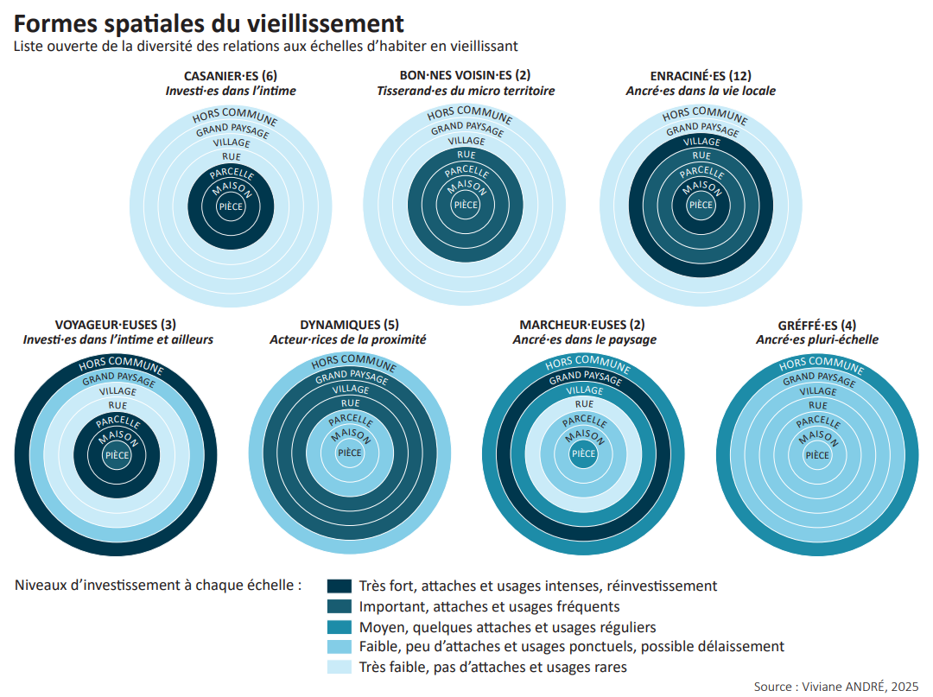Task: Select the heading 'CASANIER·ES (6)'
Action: [x=231, y=75]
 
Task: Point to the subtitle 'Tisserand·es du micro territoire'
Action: [x=466, y=90]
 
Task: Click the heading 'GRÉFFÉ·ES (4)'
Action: [x=816, y=325]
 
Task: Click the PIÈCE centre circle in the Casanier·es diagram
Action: [x=231, y=206]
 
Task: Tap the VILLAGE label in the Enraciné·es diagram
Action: [x=701, y=142]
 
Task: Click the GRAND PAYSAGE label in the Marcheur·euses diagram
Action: [x=584, y=377]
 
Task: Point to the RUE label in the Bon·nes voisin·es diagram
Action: [x=466, y=155]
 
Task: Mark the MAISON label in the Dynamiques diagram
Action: [x=350, y=436]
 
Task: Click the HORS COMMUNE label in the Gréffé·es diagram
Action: [x=816, y=364]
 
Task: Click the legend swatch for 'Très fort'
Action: [x=340, y=586]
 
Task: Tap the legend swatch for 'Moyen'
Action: [x=340, y=626]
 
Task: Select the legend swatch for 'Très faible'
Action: [x=340, y=667]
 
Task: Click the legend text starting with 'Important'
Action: [x=489, y=606]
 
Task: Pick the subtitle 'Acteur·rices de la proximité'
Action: [x=348, y=339]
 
